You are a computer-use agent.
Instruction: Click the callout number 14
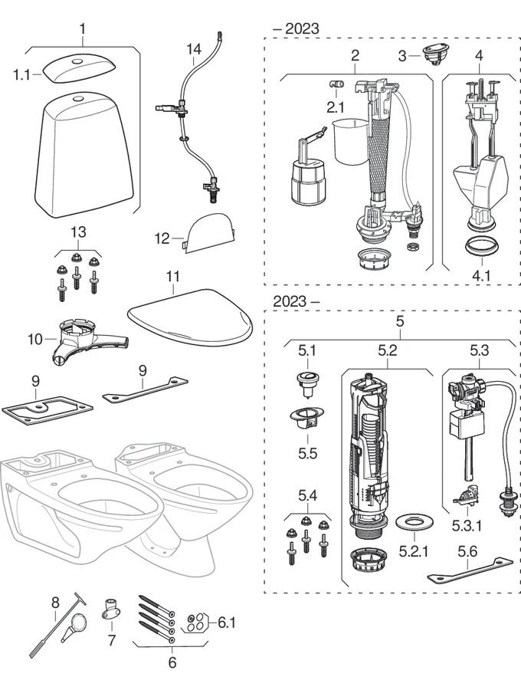point(194,49)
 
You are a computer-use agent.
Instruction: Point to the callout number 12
point(162,238)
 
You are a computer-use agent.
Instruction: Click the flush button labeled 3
point(434,54)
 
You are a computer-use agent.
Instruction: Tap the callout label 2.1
point(336,107)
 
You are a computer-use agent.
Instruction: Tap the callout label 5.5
point(306,453)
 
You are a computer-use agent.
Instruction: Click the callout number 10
point(34,338)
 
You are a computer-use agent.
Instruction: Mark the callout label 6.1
point(226,622)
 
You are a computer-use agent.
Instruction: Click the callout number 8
point(54,603)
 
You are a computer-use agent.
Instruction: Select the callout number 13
point(79,232)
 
